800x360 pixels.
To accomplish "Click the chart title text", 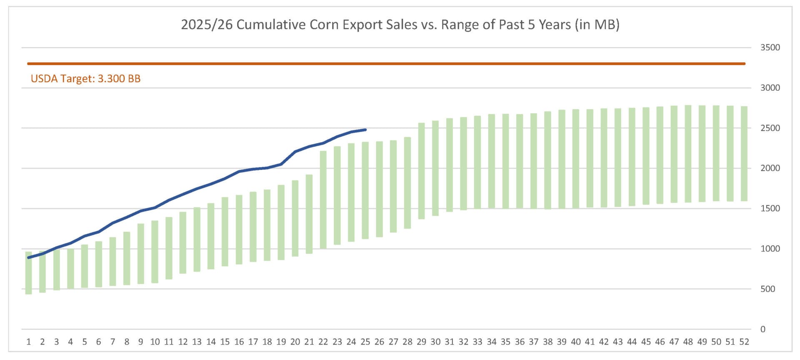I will [400, 25].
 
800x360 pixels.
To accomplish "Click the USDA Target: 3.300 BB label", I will [85, 79].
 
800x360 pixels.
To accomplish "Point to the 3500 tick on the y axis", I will [770, 47].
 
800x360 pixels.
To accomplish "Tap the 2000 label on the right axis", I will [770, 168].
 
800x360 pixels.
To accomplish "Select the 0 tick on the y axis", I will [763, 329].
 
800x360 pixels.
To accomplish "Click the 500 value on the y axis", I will [767, 289].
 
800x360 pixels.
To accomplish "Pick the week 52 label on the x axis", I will [744, 342].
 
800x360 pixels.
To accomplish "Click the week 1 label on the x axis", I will [29, 342].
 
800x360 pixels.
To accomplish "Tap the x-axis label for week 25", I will [365, 342].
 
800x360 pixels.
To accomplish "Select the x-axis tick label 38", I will [547, 342].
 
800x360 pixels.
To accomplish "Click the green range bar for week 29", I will [421, 171].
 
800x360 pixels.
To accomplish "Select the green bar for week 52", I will [744, 154].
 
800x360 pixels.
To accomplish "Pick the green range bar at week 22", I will [323, 200].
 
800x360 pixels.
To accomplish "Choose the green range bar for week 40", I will [576, 159].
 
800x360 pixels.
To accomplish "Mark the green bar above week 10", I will [155, 252].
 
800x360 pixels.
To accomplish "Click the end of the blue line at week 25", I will [365, 130].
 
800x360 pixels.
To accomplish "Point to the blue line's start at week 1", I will [29, 257].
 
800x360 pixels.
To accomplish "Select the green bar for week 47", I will [674, 154].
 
